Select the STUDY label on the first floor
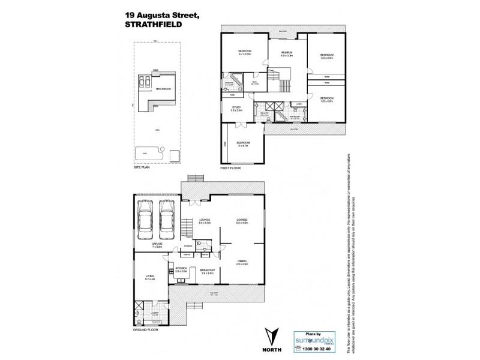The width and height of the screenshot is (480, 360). click(x=236, y=109)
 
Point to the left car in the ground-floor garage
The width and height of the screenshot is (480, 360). click(x=146, y=219)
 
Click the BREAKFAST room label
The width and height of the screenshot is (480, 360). click(x=207, y=270)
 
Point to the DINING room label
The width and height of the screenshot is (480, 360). click(x=242, y=261)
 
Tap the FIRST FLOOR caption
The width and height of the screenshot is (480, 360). click(x=232, y=169)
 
